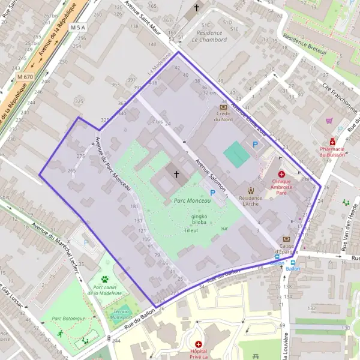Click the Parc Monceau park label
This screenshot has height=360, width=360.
click(192, 202)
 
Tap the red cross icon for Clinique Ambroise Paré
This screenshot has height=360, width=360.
click(281, 173)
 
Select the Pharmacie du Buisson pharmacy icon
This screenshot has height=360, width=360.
click(332, 142)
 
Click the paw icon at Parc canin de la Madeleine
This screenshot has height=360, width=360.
click(105, 279)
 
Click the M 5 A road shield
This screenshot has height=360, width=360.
click(78, 28)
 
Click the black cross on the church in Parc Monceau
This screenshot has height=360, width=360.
click(176, 175)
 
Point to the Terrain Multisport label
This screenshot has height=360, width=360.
click(122, 313)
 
